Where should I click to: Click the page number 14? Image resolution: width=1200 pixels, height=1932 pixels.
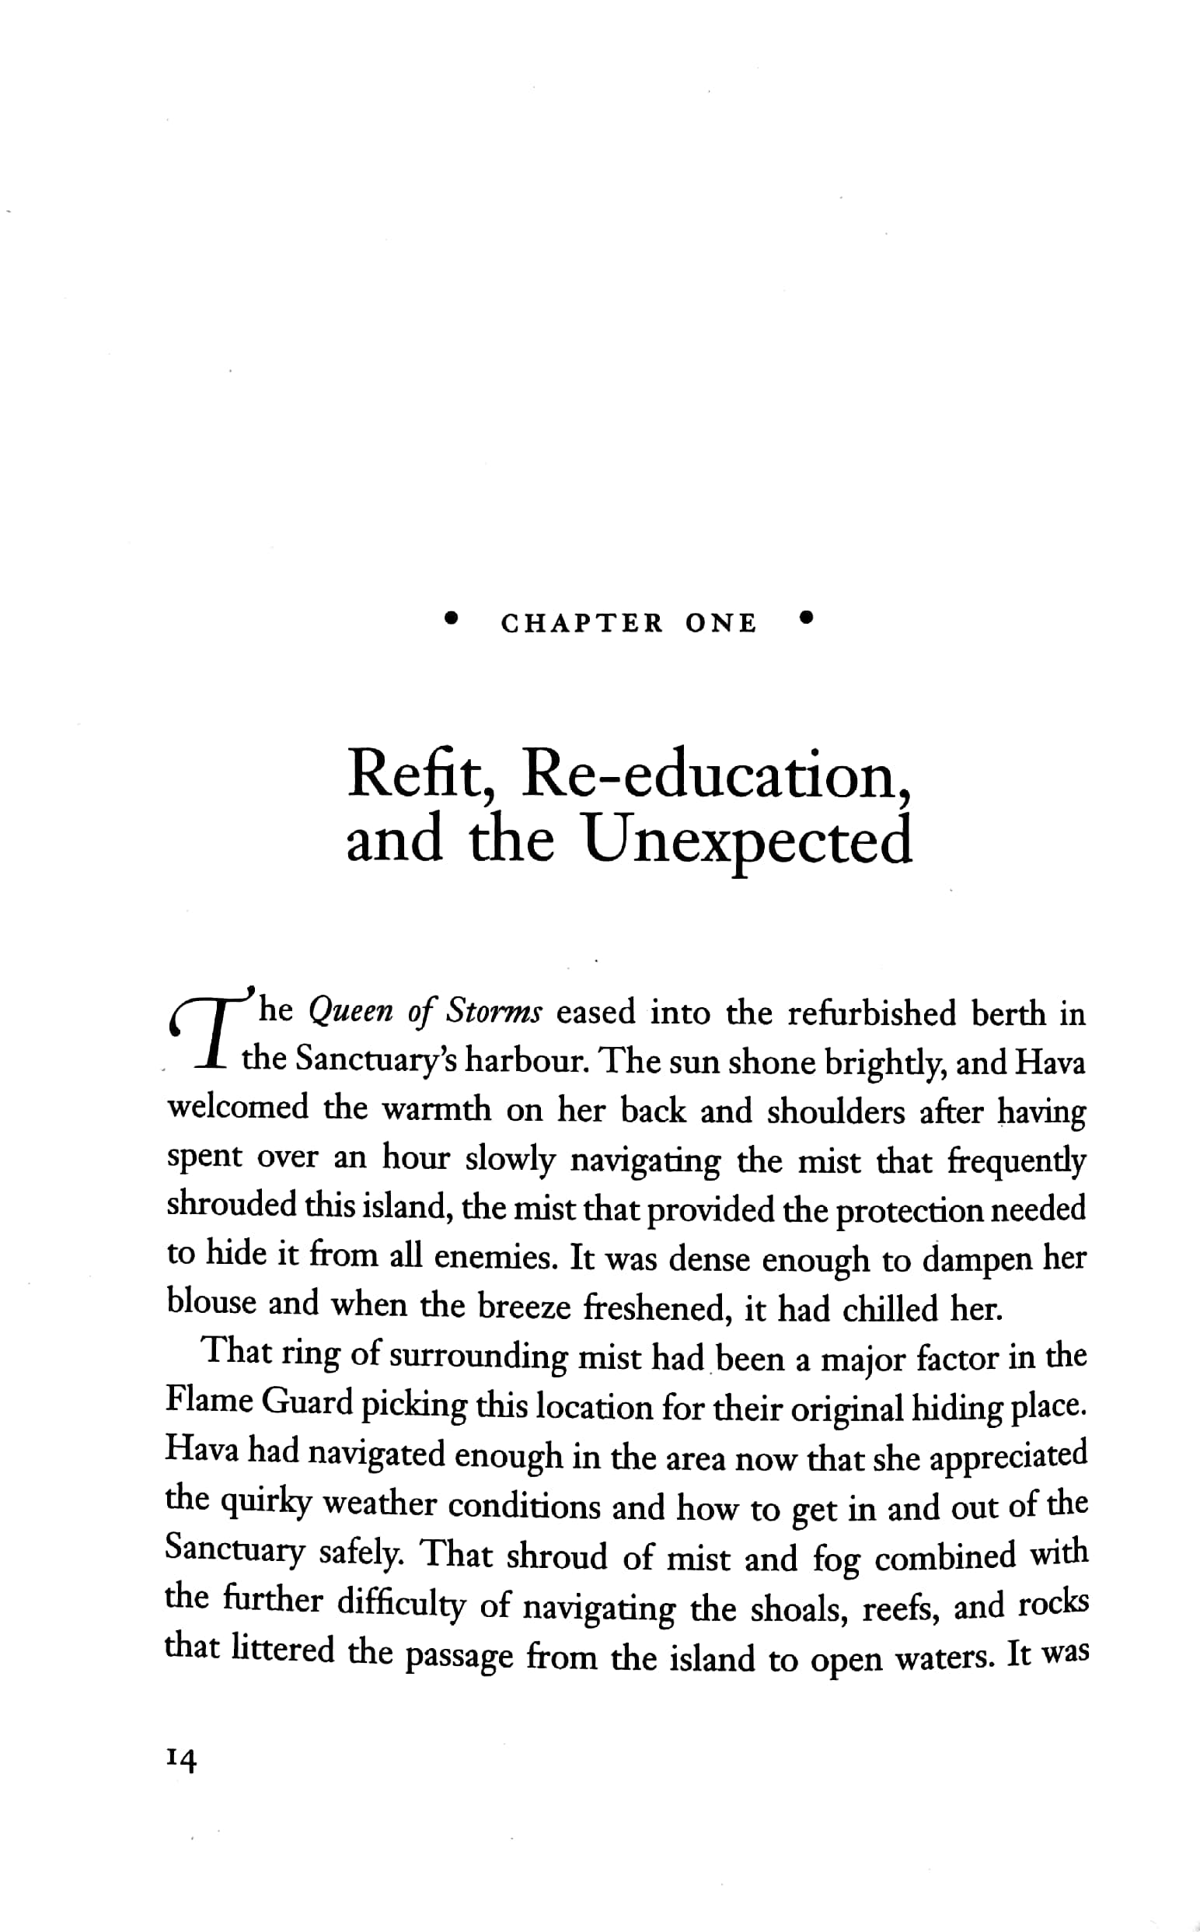coord(180,1760)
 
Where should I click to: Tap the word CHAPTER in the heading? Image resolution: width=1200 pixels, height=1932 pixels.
coord(582,623)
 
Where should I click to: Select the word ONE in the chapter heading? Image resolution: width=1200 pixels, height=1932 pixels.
coord(720,623)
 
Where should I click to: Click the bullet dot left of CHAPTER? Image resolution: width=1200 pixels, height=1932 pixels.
coord(452,618)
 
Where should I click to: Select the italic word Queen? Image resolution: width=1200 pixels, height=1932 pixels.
coord(349,1013)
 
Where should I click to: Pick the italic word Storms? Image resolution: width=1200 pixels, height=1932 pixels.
coord(494,1013)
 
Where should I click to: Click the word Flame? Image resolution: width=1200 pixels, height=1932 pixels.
coord(208,1401)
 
